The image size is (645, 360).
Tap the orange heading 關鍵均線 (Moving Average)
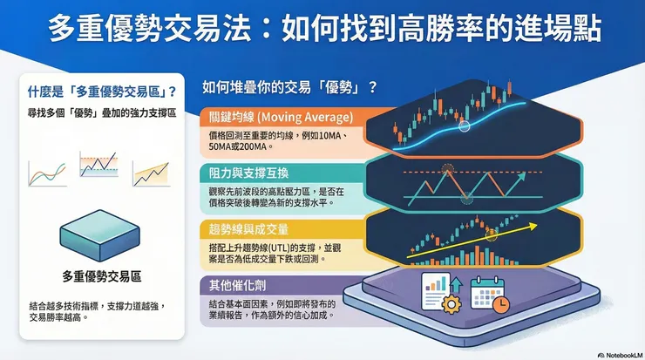[x=277, y=117]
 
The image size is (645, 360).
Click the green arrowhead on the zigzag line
[x=522, y=174]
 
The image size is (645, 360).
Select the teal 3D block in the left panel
[x=98, y=236]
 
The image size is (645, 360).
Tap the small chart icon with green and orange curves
[x=47, y=173]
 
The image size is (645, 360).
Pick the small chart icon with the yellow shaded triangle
[x=150, y=173]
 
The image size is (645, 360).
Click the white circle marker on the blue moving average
[x=465, y=126]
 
